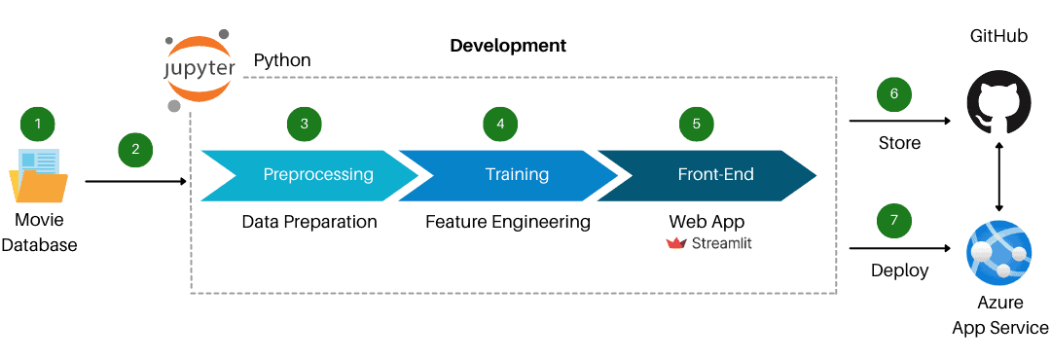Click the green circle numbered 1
(38, 124)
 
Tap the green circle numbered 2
(135, 149)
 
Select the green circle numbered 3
(305, 124)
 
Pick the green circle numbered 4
(500, 124)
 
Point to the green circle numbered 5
(696, 124)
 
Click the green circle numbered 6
(893, 94)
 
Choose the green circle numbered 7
(893, 221)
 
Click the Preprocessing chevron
(309, 175)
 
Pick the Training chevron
(510, 175)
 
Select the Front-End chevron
(708, 175)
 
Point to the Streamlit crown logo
(676, 243)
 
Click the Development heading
(508, 46)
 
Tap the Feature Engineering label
(508, 222)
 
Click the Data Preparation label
(309, 222)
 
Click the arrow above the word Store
(899, 122)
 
